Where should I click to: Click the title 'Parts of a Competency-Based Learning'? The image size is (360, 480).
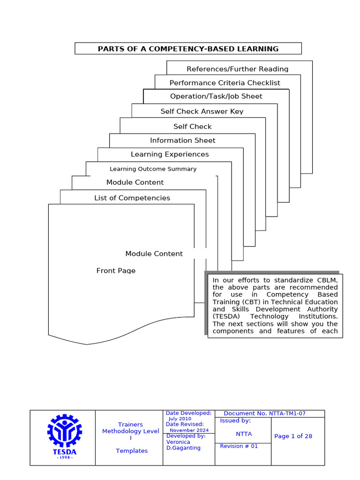pos(188,49)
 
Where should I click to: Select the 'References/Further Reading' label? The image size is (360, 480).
pos(237,69)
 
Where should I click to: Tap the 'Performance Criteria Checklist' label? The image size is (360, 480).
pos(225,83)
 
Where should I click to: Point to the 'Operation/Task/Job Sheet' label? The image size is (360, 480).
pos(216,96)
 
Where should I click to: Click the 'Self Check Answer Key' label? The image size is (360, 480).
pos(202,112)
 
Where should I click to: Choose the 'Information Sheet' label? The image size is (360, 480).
pos(183,140)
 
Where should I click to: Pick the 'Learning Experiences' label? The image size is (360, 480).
pos(170,154)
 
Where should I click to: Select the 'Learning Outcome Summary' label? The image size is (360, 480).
pos(153,169)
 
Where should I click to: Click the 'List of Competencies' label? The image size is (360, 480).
pos(132,198)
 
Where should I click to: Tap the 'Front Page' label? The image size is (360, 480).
pos(116,270)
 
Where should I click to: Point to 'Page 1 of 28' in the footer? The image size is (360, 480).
pos(293,436)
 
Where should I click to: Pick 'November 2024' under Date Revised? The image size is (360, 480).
pos(189,430)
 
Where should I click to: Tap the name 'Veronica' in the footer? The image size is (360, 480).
pos(178,442)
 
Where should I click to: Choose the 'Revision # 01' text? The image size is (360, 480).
pos(239,446)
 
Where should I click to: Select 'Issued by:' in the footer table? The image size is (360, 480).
pos(235,420)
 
